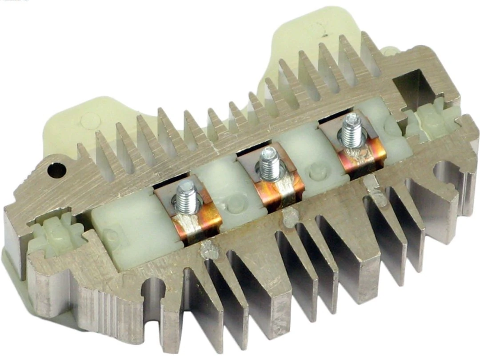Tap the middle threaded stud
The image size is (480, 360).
pos(269,163)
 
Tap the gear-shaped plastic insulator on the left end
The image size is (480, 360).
pos(56,234)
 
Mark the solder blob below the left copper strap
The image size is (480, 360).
pos(208,251)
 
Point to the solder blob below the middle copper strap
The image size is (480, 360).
pos(291,216)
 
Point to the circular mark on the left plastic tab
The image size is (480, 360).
pos(91,120)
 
